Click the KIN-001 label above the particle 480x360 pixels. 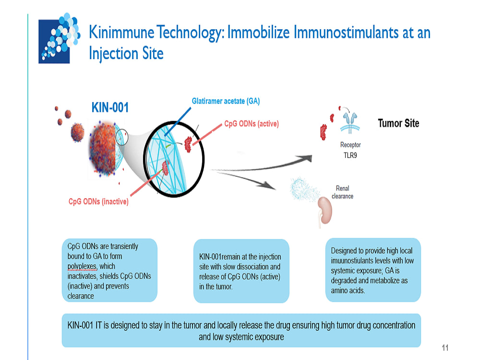[110, 108]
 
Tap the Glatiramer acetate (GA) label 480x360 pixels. [226, 101]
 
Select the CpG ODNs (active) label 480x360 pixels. [252, 124]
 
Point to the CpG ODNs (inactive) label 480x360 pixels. [98, 202]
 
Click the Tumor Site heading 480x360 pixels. [398, 123]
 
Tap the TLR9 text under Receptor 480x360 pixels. [350, 156]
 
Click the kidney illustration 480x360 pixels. [325, 211]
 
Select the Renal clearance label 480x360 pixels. [343, 192]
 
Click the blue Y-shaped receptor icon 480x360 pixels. [350, 123]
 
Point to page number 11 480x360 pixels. [445, 348]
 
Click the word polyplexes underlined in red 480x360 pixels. [82, 266]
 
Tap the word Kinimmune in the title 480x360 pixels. [121, 33]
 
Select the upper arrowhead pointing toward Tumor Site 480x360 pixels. [304, 158]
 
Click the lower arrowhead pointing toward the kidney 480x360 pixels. [268, 185]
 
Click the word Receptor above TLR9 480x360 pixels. [350, 145]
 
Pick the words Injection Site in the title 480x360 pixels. [126, 54]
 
